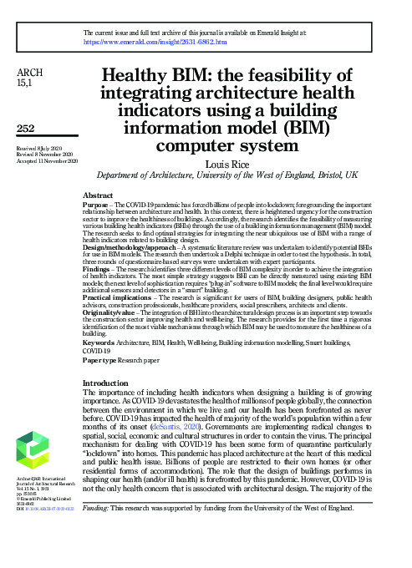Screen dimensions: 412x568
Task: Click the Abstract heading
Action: click(99, 194)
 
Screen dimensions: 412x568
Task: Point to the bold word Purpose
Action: click(98, 204)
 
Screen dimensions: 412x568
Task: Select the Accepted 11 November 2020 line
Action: click(47, 160)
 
